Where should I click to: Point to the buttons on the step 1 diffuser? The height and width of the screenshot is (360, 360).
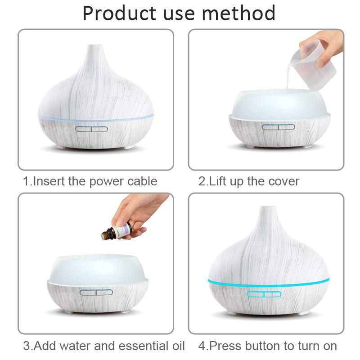(91, 129)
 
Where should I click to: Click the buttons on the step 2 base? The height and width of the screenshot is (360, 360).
(278, 127)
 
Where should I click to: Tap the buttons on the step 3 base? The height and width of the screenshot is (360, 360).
(96, 292)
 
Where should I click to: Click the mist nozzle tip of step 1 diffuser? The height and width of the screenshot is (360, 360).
(94, 47)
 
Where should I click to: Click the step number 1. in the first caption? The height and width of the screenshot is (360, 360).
(28, 181)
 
